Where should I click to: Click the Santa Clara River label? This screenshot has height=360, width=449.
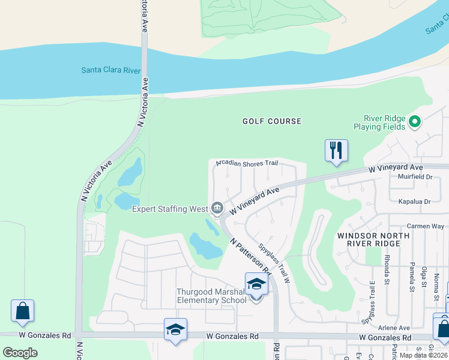point(111,70)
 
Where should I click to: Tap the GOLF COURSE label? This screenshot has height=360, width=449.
point(272,121)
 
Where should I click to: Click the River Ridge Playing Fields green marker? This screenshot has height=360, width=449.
point(414,122)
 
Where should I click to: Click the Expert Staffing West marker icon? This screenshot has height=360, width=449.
point(217,209)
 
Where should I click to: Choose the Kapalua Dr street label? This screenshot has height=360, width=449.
point(415,202)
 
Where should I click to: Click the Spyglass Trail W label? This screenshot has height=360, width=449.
point(275,263)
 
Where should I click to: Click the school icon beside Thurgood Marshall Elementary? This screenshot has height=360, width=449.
point(256,284)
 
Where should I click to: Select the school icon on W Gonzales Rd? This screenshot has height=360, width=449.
point(175,329)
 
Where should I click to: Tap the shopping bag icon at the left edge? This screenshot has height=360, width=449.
point(22,311)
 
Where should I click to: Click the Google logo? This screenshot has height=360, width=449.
point(20,352)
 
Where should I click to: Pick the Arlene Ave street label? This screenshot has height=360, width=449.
point(394,328)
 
